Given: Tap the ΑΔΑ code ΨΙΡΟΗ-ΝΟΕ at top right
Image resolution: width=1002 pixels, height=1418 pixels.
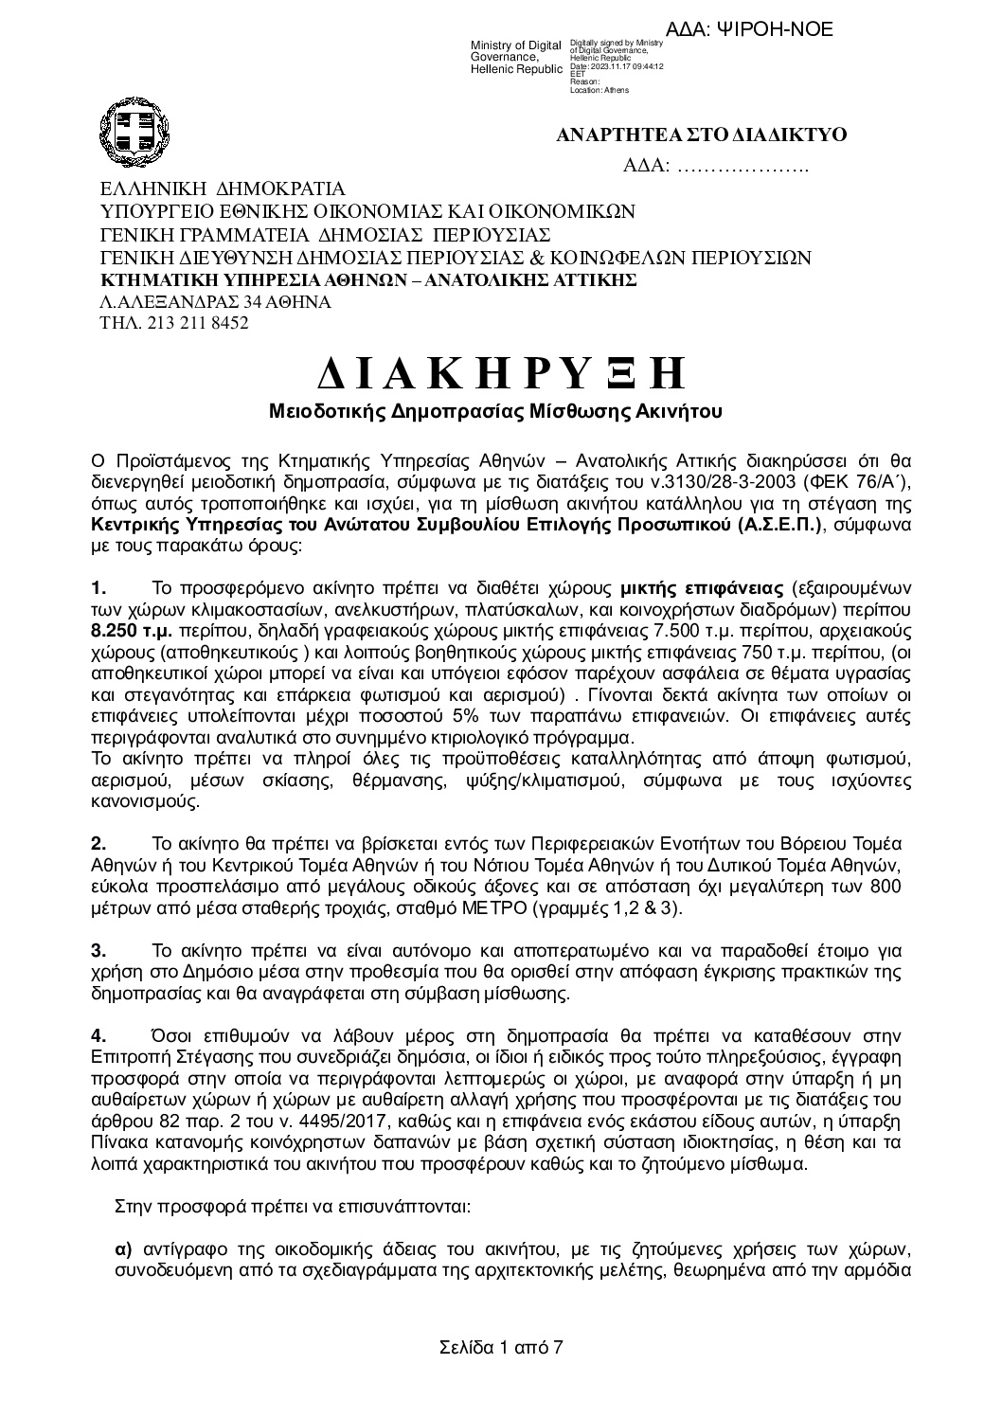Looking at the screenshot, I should pos(770,29).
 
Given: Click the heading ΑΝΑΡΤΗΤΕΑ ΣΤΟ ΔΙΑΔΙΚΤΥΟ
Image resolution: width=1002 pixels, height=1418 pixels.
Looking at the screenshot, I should pos(701,135).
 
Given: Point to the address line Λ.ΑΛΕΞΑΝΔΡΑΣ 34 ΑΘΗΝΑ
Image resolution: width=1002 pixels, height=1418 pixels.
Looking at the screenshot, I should pos(215,302).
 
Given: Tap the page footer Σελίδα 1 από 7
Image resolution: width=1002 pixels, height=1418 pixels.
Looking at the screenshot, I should pos(501,1347).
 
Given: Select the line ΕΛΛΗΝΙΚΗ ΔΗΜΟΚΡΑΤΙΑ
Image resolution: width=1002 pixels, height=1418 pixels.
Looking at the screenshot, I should pos(223,189).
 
